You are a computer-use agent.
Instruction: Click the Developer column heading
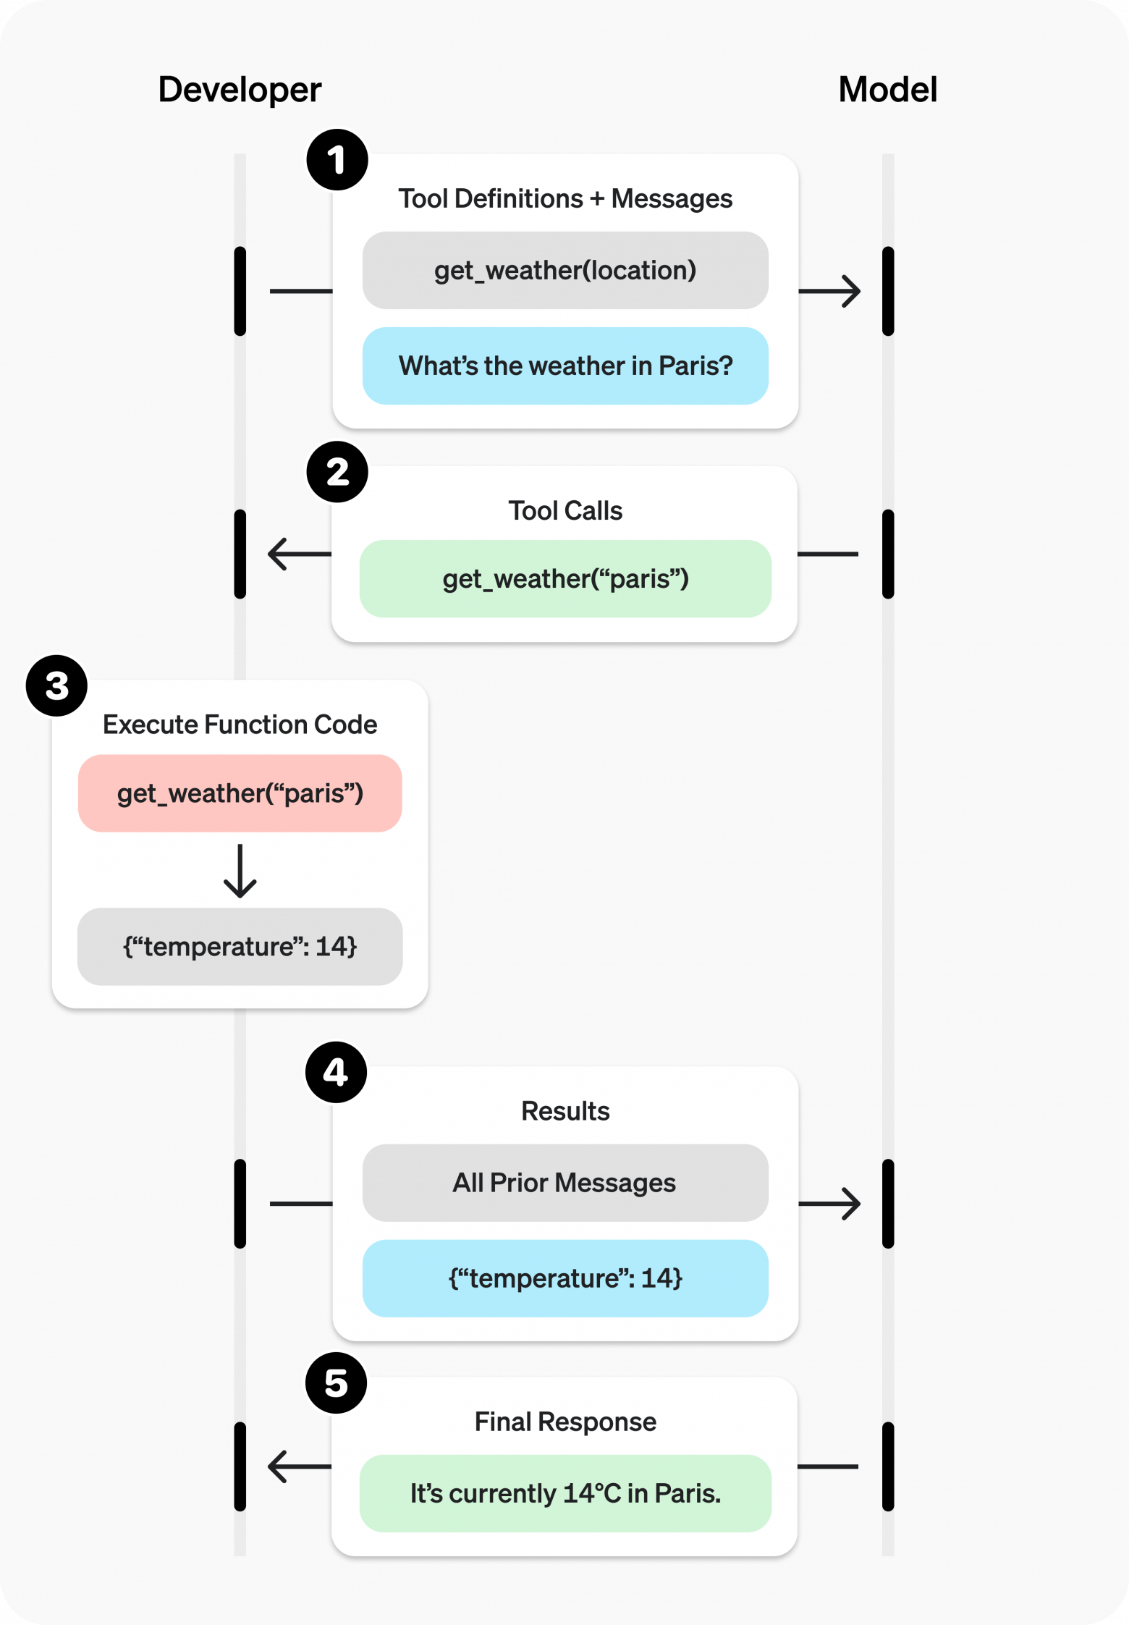(240, 90)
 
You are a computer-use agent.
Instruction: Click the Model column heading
(887, 90)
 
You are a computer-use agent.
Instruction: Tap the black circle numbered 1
(337, 160)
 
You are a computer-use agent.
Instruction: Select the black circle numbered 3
(56, 686)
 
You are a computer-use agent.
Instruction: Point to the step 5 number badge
(336, 1383)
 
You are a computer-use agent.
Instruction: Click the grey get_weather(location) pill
(565, 271)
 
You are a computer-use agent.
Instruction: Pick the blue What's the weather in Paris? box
(565, 366)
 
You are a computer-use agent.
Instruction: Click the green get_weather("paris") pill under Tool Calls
(565, 579)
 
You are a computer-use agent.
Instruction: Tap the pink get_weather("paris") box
(240, 793)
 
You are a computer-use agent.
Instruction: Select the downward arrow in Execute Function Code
(240, 872)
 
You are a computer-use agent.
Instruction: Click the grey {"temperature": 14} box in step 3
(240, 947)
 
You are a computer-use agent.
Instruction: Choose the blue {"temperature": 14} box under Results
(565, 1278)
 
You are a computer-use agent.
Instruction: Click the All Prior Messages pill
(565, 1183)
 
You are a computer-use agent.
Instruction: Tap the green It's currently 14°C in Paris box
(565, 1493)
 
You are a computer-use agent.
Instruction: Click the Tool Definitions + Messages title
(565, 199)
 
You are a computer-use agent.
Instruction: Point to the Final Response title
(565, 1422)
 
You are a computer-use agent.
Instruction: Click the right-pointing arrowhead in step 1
(850, 291)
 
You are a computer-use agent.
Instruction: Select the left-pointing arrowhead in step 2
(278, 554)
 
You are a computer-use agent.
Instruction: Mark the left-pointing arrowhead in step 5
(278, 1466)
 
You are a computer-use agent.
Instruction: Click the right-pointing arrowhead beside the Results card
(850, 1204)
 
